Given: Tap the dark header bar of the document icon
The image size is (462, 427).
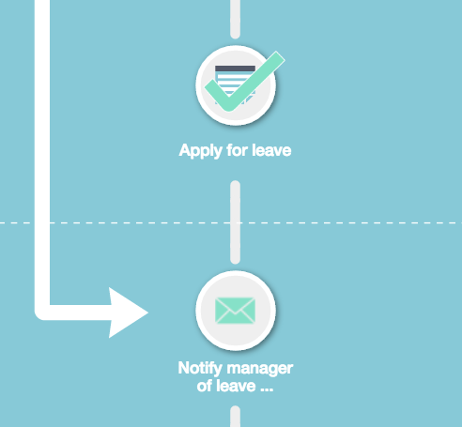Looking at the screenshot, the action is (x=235, y=69).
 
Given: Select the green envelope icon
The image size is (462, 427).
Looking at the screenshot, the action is (x=236, y=311).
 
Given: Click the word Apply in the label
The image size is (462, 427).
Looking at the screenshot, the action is (x=200, y=151).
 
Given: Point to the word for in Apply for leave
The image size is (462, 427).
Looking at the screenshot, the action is (x=237, y=150).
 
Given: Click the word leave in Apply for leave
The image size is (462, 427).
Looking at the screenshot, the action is (x=271, y=150).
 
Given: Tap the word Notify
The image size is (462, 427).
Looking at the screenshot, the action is (x=200, y=369).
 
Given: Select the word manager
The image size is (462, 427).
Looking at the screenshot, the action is (x=260, y=369).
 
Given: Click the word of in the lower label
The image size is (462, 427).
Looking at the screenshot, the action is (x=204, y=386).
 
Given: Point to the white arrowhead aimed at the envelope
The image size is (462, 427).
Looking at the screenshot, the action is (x=128, y=313).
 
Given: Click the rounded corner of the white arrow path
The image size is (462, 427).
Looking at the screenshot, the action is (x=39, y=315).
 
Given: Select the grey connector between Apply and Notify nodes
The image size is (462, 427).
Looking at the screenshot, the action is (x=235, y=222).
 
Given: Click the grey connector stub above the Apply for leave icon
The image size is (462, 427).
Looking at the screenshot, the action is (x=235, y=19).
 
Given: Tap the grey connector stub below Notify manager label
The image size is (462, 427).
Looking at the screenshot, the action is (x=235, y=417).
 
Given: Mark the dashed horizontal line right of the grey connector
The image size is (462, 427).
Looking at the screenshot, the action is (x=351, y=223).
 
